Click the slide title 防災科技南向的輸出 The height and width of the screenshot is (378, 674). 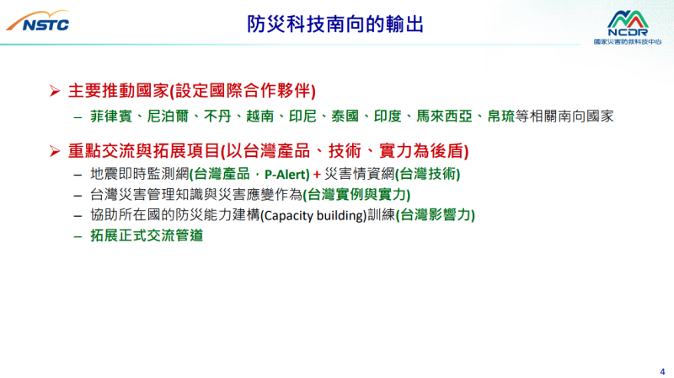(x=336, y=24)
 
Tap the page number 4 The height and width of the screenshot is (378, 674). (x=661, y=367)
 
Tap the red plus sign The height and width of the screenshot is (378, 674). (x=317, y=174)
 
